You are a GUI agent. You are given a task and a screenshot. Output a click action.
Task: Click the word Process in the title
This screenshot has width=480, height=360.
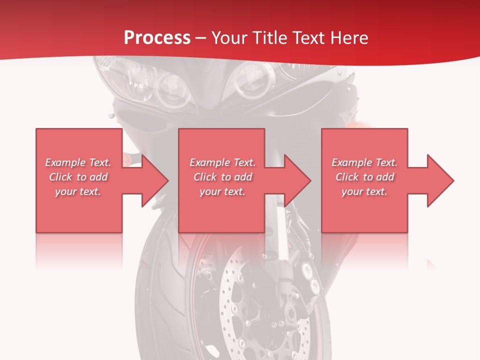pos(157,38)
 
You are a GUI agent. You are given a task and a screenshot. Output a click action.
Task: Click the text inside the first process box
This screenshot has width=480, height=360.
pos(78,177)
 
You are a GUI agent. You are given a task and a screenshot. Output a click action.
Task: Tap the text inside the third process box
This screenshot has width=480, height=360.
pos(364,177)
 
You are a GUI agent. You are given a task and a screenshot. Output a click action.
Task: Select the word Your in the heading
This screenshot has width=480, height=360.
pos(228,38)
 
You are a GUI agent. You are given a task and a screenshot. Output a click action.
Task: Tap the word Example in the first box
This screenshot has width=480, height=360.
pos(65,162)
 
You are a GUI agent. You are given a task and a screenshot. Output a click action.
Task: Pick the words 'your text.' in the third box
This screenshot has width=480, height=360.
pos(364,191)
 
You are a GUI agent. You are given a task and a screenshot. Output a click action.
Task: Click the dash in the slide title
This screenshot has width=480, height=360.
pos(200,38)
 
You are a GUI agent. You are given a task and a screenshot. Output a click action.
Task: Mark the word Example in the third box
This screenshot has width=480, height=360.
pos(352,162)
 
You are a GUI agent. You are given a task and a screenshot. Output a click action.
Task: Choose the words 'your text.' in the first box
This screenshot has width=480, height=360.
pos(78,191)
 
